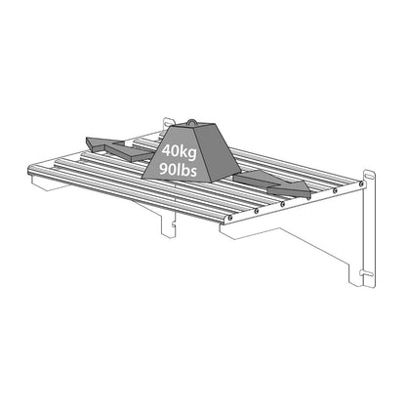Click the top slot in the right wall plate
tap(369, 179)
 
